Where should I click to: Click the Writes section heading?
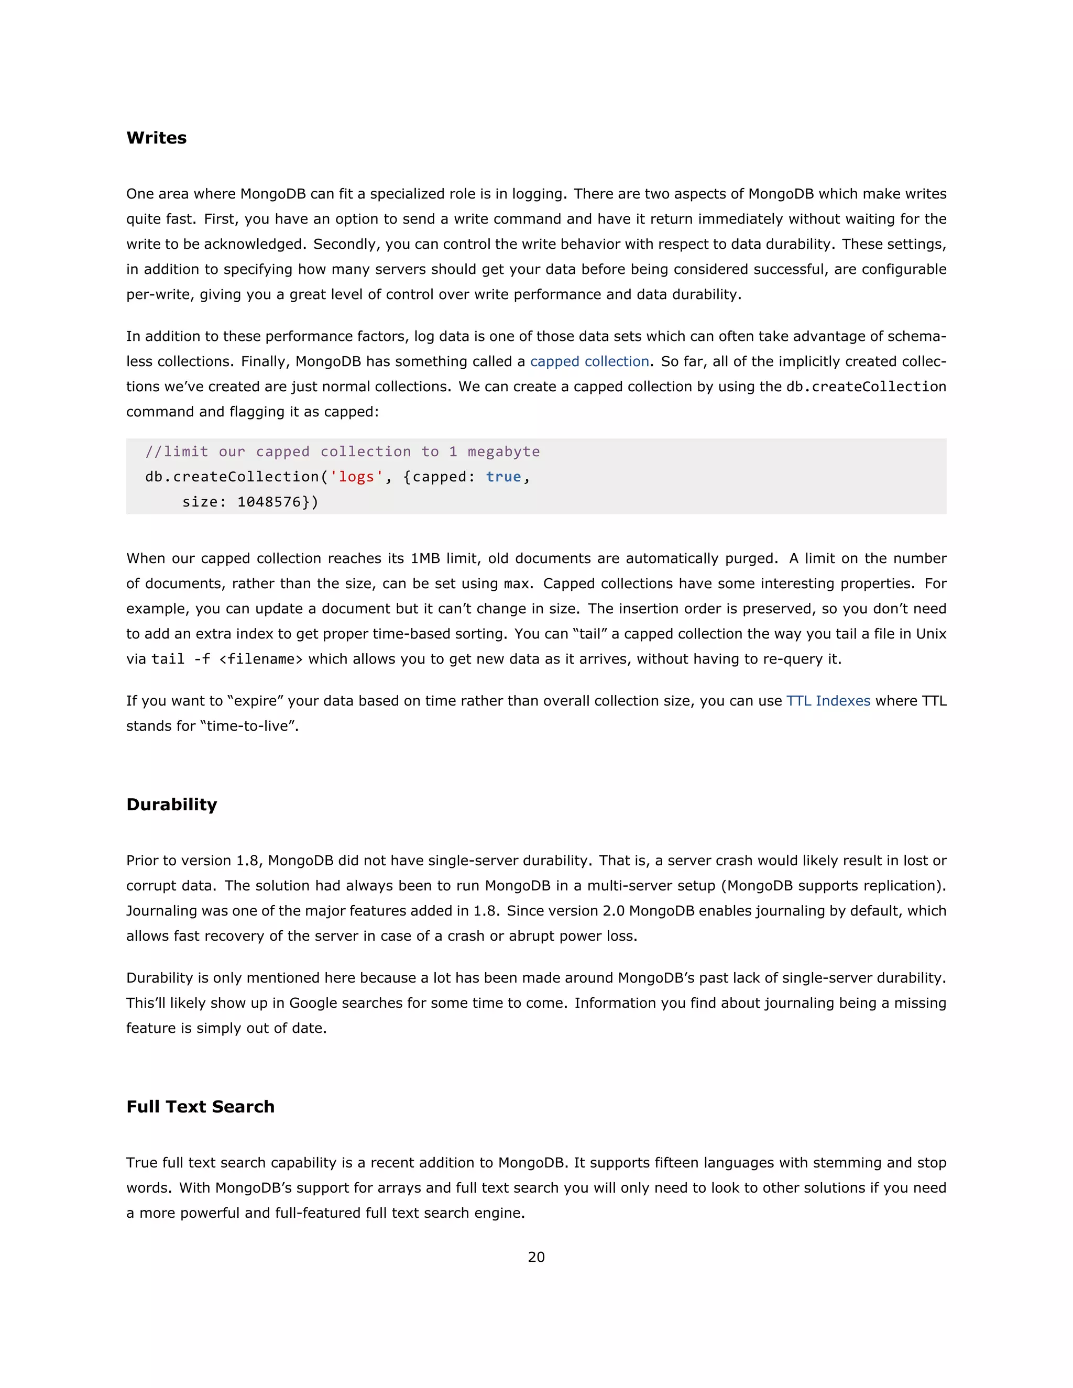[x=156, y=138]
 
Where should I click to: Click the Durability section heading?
[x=172, y=805]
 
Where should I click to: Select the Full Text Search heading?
[x=200, y=1106]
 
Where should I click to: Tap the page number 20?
[x=536, y=1257]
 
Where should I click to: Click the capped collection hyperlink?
[x=589, y=361]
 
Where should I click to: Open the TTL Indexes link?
[x=828, y=701]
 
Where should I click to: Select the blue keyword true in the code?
[x=503, y=477]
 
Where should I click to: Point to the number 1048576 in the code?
[x=269, y=502]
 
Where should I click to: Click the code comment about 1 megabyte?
[x=343, y=452]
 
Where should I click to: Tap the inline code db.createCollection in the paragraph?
[x=866, y=387]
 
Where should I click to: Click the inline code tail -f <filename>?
[x=227, y=659]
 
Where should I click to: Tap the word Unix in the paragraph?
[x=930, y=634]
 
